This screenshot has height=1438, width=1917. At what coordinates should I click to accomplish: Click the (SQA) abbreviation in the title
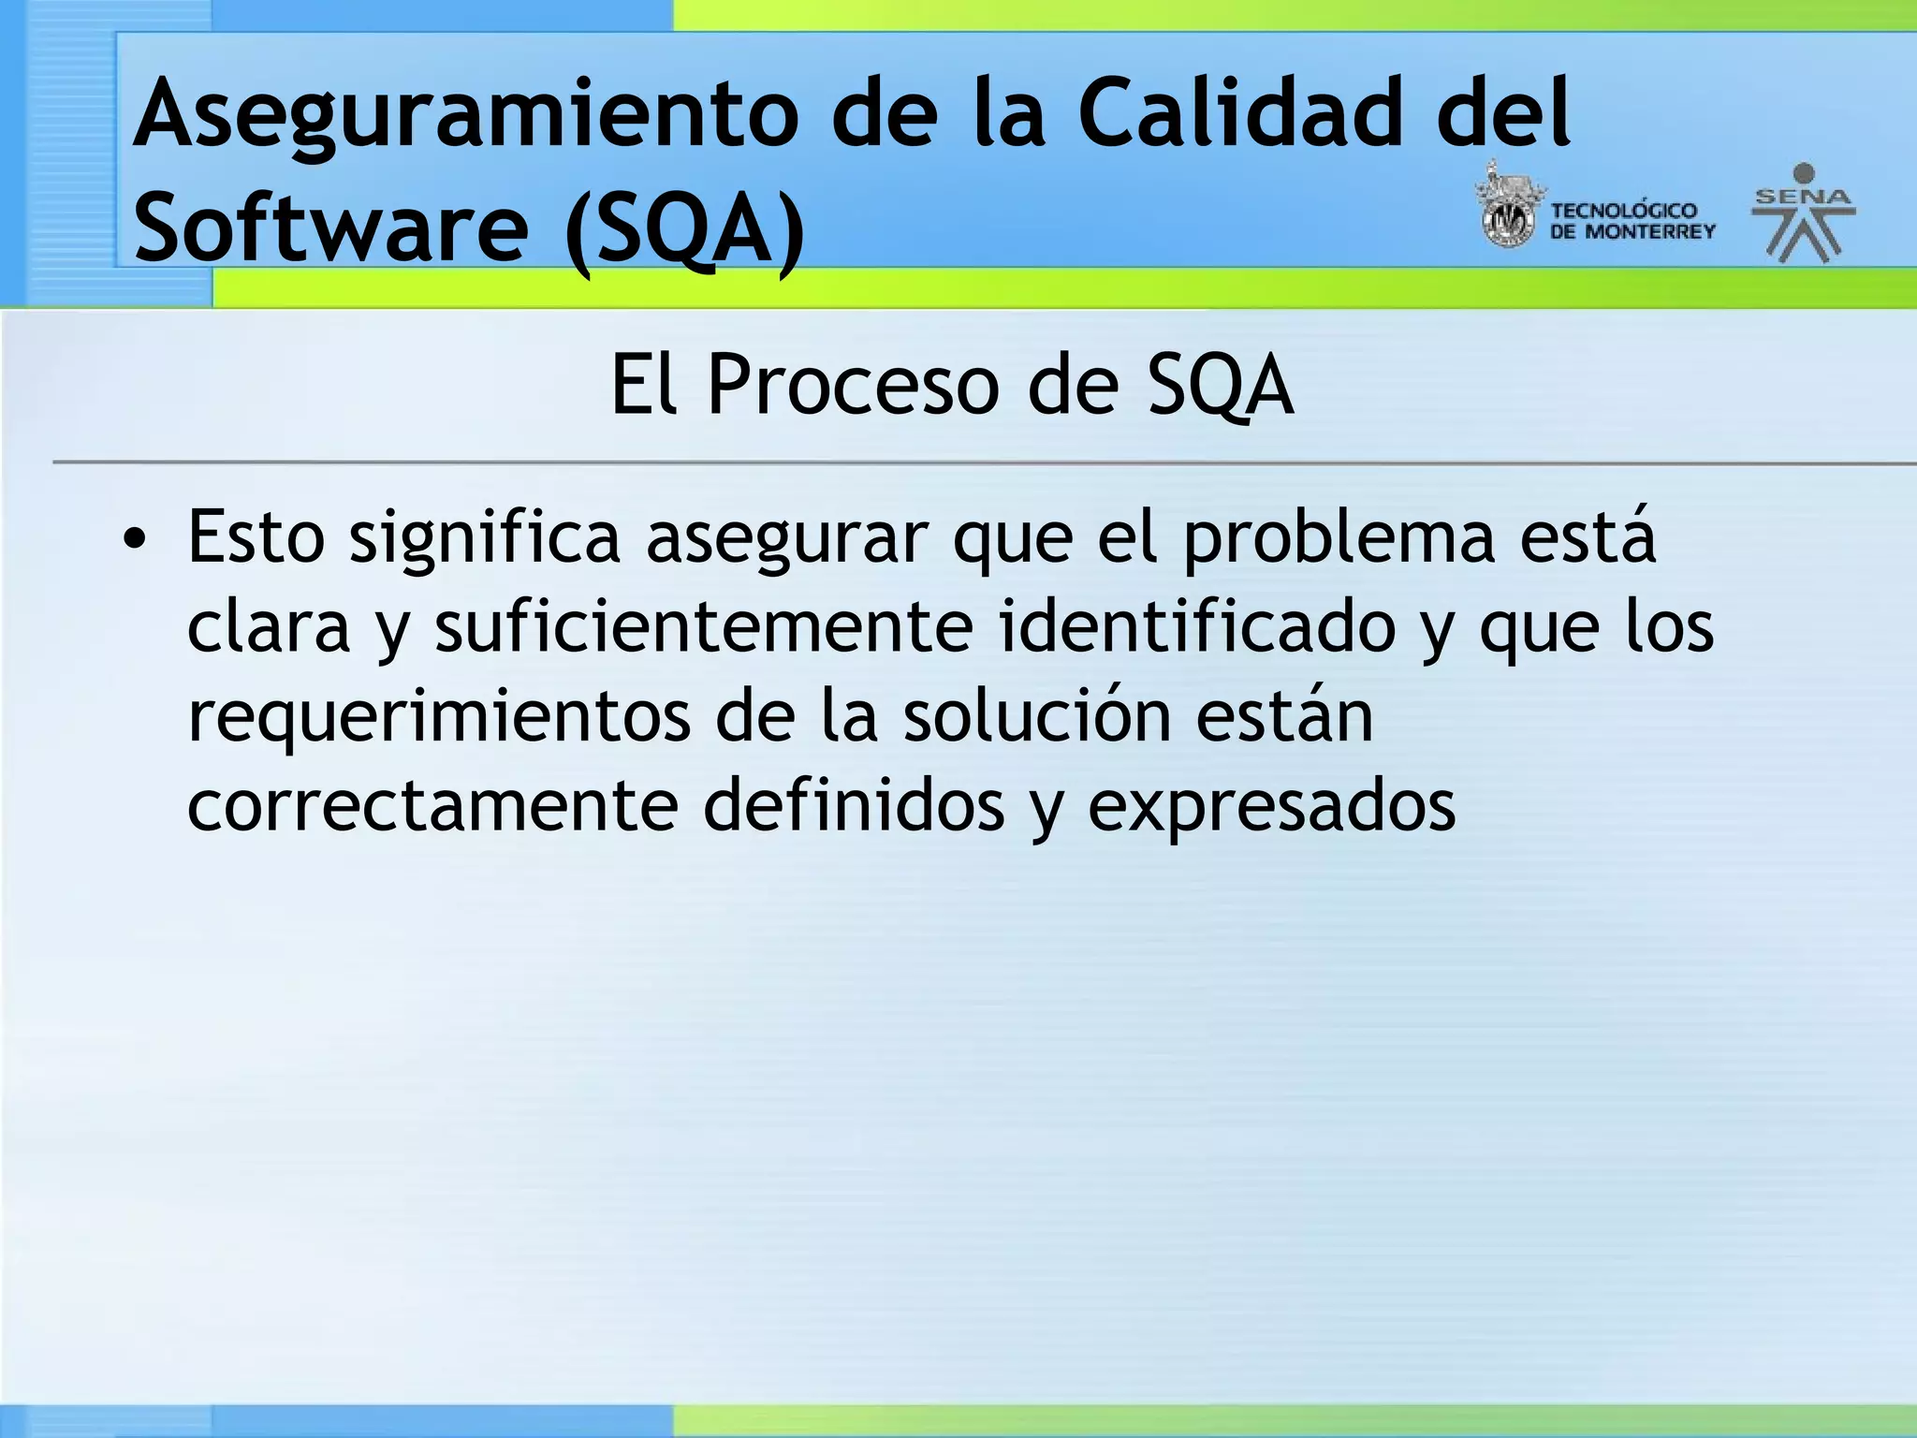(684, 229)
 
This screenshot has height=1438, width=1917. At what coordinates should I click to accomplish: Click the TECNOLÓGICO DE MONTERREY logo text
(1631, 221)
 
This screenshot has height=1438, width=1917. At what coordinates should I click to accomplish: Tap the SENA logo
(1804, 213)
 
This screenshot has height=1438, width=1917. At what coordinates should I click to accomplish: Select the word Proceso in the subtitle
(853, 385)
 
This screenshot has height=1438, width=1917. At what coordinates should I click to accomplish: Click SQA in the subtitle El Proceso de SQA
(1221, 385)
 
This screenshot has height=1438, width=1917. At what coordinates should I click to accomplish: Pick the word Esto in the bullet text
(256, 538)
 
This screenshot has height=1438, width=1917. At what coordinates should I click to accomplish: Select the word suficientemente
(704, 628)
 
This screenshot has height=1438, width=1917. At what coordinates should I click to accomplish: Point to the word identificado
(1197, 626)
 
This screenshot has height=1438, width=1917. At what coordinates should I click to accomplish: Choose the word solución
(1037, 716)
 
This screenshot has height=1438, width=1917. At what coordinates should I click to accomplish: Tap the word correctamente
(432, 805)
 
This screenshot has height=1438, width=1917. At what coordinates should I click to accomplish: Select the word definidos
(854, 805)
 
